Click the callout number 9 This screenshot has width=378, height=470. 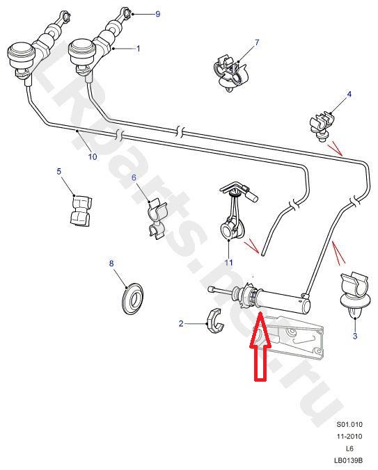pyautogui.click(x=158, y=14)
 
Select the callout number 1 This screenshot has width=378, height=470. pyautogui.click(x=139, y=48)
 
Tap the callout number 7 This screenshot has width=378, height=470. pyautogui.click(x=257, y=42)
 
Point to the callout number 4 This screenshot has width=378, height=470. pyautogui.click(x=349, y=94)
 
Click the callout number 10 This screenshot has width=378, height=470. pyautogui.click(x=93, y=156)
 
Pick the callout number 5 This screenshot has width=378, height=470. pyautogui.click(x=58, y=171)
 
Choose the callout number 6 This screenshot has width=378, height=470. pyautogui.click(x=134, y=177)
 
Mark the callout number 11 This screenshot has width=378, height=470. pyautogui.click(x=228, y=263)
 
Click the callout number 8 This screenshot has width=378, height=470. pyautogui.click(x=111, y=264)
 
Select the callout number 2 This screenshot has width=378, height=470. pyautogui.click(x=181, y=323)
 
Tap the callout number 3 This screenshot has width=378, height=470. pyautogui.click(x=355, y=336)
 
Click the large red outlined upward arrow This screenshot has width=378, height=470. pyautogui.click(x=260, y=346)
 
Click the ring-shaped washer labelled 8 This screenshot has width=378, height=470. pyautogui.click(x=132, y=298)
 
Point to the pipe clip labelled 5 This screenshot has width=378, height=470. pyautogui.click(x=81, y=210)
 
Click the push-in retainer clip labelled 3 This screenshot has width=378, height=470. pyautogui.click(x=354, y=295)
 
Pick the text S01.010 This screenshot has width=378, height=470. pyautogui.click(x=349, y=424)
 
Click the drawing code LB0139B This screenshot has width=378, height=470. pyautogui.click(x=348, y=460)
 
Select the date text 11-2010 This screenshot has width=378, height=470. pyautogui.click(x=349, y=436)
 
